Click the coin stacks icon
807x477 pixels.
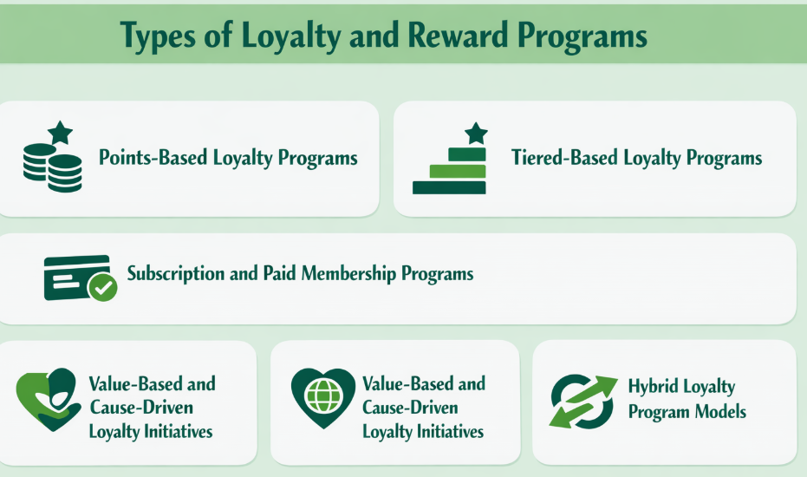(x=52, y=167)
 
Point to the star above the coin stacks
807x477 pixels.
(x=60, y=133)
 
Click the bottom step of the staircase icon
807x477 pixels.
(x=449, y=187)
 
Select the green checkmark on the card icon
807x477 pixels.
(x=104, y=288)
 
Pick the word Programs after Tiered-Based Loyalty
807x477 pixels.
(x=723, y=159)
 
